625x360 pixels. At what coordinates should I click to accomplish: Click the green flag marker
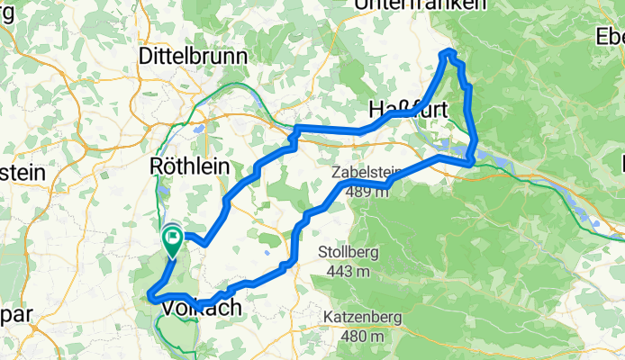point(172,238)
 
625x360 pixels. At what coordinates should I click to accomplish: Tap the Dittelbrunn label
point(193,56)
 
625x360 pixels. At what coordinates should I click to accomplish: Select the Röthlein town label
point(190,166)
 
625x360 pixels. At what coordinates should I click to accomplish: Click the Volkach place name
point(203,308)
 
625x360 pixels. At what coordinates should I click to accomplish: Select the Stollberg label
point(349,252)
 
